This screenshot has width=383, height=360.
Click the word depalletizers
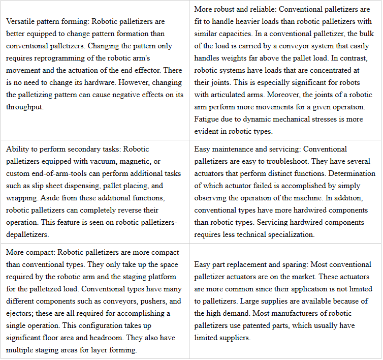point(27,234)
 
